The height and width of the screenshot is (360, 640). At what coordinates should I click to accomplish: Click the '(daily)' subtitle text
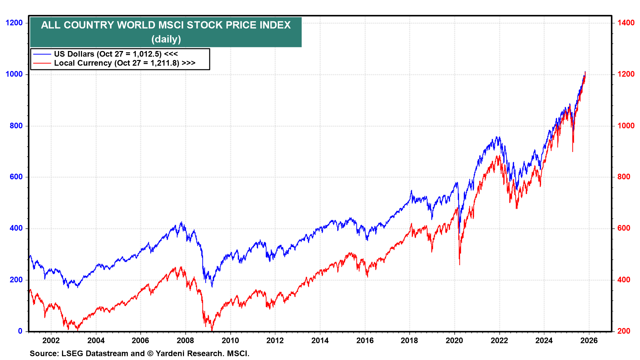[x=166, y=39]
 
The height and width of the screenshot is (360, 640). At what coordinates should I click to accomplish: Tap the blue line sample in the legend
[x=42, y=54]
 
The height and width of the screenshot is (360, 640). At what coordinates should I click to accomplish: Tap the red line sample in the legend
[x=42, y=63]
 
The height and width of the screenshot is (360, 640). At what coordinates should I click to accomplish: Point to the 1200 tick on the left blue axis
[x=14, y=23]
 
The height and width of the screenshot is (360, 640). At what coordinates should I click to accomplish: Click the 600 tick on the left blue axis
[x=16, y=177]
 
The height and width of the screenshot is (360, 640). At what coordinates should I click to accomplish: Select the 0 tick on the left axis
[x=20, y=331]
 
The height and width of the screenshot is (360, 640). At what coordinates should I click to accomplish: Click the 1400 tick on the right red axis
[x=626, y=23]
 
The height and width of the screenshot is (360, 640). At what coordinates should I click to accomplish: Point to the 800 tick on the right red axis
[x=624, y=177]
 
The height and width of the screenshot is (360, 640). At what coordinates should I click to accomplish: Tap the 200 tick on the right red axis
[x=624, y=331]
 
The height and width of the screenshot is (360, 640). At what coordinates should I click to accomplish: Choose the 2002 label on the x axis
[x=51, y=340]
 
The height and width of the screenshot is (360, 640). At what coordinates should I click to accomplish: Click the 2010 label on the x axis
[x=230, y=340]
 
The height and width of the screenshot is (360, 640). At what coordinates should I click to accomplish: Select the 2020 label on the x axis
[x=454, y=340]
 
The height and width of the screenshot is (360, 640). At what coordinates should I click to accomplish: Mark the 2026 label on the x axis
[x=589, y=340]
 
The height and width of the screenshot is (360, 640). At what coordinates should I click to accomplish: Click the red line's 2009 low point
[x=212, y=330]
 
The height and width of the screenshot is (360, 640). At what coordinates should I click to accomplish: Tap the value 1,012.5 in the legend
[x=147, y=54]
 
